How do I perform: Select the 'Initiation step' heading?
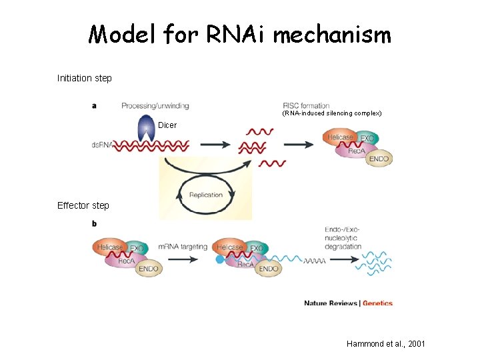(x=85, y=78)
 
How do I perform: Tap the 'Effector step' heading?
(x=83, y=205)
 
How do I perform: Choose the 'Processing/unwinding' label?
(x=155, y=105)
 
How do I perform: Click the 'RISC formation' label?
(x=306, y=105)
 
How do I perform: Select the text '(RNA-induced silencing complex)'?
(x=331, y=114)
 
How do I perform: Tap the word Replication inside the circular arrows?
(x=206, y=195)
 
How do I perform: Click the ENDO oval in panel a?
(x=378, y=159)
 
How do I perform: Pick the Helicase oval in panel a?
(x=339, y=137)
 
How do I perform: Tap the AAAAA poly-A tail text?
(x=314, y=261)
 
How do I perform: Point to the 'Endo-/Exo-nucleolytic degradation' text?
(x=343, y=237)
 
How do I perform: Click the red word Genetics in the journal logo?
(x=378, y=303)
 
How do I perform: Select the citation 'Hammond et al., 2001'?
(x=385, y=343)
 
